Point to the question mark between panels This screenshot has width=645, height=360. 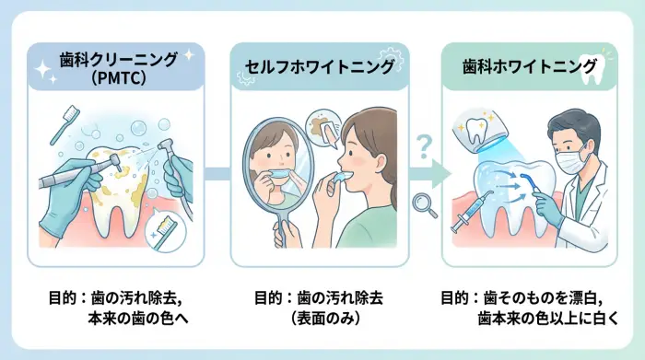(424, 145)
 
